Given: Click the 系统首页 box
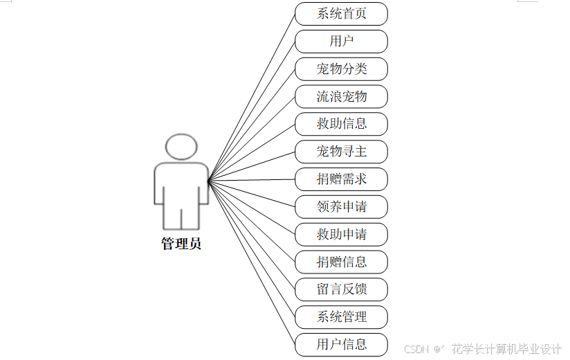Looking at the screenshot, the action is pos(341,14).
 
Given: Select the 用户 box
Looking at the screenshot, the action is pos(341,42).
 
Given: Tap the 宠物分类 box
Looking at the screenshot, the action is pos(341,69).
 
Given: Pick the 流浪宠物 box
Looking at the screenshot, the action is pos(341,96).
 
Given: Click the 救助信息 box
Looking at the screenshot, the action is pos(341,124).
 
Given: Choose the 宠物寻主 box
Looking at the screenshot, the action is pos(341,152).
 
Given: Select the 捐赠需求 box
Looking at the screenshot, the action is pos(341,179).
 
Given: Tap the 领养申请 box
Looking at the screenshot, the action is pos(341,206).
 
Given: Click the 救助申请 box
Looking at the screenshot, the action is pos(341,234).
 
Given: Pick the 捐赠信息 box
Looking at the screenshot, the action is pos(341,262).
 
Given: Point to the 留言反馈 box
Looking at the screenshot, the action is pos(341,289).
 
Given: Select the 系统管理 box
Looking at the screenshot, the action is pos(341,317).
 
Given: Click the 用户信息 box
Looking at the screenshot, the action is pos(341,344).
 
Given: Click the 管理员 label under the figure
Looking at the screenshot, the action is pos(181,244).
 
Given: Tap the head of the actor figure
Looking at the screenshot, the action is pos(181,147).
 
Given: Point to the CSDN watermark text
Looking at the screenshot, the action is pos(417,349).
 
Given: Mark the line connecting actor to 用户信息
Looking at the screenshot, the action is pos(252,264).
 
